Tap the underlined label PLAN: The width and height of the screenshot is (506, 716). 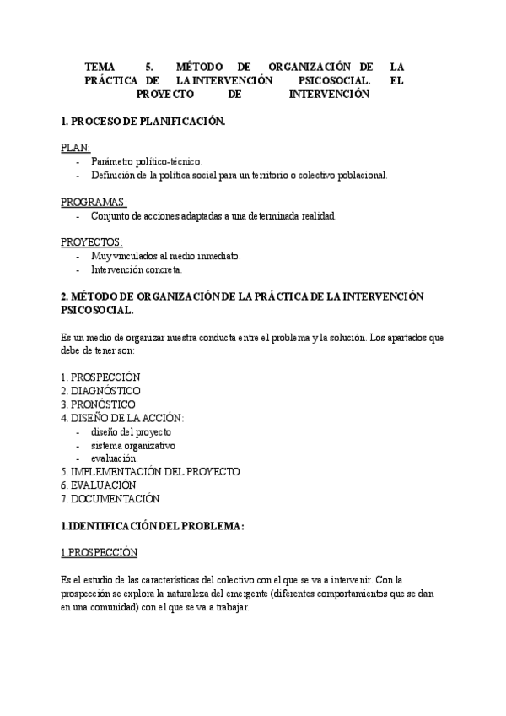[76, 147]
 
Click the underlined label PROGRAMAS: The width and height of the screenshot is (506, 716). [94, 202]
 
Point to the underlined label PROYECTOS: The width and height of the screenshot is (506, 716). [92, 242]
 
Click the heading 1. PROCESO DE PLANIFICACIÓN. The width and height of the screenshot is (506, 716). [143, 122]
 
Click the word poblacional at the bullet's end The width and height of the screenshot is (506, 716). [360, 175]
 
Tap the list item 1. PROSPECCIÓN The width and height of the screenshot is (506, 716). [100, 377]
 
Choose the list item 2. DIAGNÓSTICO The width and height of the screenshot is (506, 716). [100, 390]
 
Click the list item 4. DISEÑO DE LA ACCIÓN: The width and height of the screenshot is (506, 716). [122, 418]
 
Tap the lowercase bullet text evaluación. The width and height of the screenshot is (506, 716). [114, 458]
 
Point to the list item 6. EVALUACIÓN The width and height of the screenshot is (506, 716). [99, 485]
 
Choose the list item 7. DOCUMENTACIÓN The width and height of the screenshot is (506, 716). [108, 499]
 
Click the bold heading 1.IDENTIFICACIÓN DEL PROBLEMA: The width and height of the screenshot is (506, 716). [153, 526]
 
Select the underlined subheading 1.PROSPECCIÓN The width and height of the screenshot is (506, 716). [99, 553]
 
